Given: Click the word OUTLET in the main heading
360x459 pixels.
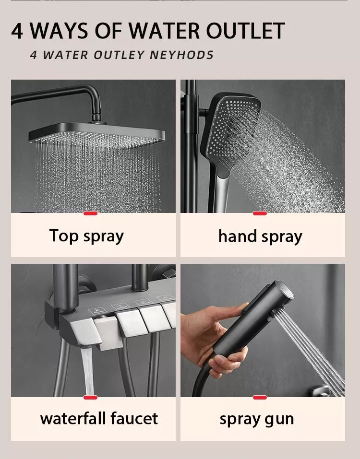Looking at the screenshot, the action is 245,30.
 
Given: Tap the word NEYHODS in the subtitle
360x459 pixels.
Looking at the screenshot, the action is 181,55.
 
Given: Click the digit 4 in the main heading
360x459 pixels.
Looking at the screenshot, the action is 17,31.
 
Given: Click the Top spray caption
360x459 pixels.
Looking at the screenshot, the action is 86,236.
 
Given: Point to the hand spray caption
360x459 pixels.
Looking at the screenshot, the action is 260,236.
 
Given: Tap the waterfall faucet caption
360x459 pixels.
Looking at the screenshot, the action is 99,418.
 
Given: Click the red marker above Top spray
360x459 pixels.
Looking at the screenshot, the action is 90,213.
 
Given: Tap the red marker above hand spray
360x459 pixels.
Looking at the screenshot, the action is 260,213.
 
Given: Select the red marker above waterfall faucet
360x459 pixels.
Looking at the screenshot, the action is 90,397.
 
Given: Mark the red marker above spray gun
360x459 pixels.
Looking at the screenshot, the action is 260,397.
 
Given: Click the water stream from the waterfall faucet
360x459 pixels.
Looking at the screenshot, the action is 87,371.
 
